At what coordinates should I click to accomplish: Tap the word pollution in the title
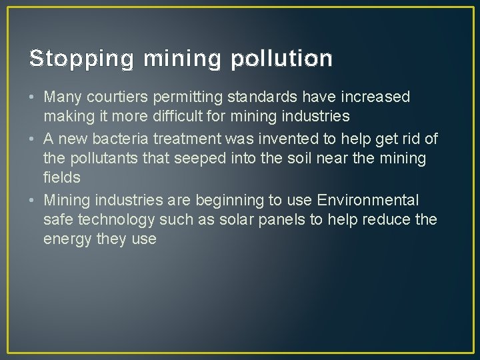point(281,59)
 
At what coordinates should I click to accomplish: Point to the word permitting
point(185,97)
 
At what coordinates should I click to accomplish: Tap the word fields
point(62,177)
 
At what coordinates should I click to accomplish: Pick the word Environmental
point(368,200)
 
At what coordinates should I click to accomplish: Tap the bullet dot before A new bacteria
point(33,139)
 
